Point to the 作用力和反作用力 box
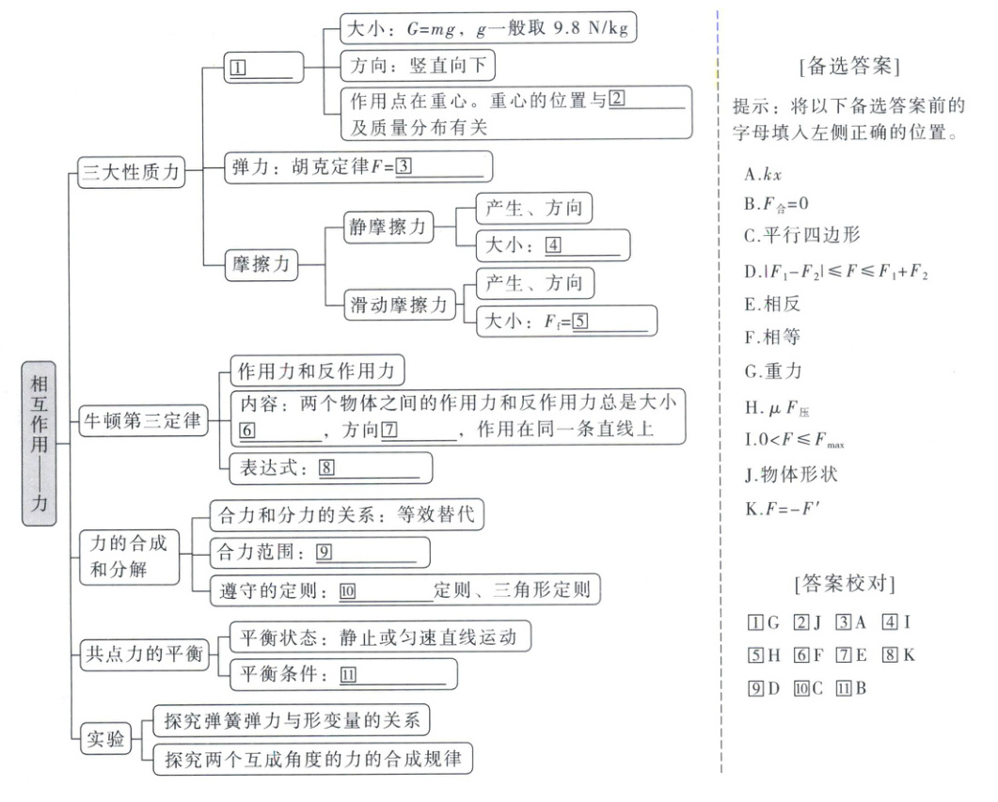click(320, 369)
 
